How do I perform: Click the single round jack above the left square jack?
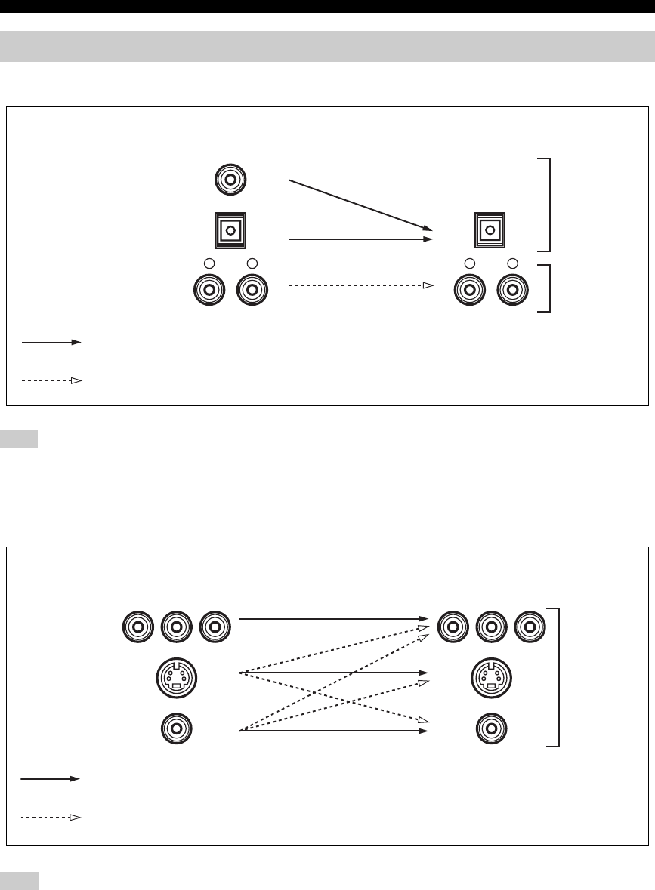[x=230, y=180]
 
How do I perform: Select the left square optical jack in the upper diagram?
[x=230, y=229]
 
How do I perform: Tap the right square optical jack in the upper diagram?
[x=490, y=229]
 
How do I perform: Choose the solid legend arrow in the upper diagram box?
[x=51, y=342]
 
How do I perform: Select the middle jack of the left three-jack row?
[x=177, y=626]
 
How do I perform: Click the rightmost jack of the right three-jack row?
[x=530, y=626]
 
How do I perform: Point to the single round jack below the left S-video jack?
[x=176, y=729]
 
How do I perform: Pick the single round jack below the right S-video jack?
[x=492, y=729]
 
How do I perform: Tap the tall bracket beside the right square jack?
[x=547, y=205]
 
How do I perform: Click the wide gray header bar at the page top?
[x=327, y=47]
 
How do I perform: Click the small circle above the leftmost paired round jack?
[x=210, y=263]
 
